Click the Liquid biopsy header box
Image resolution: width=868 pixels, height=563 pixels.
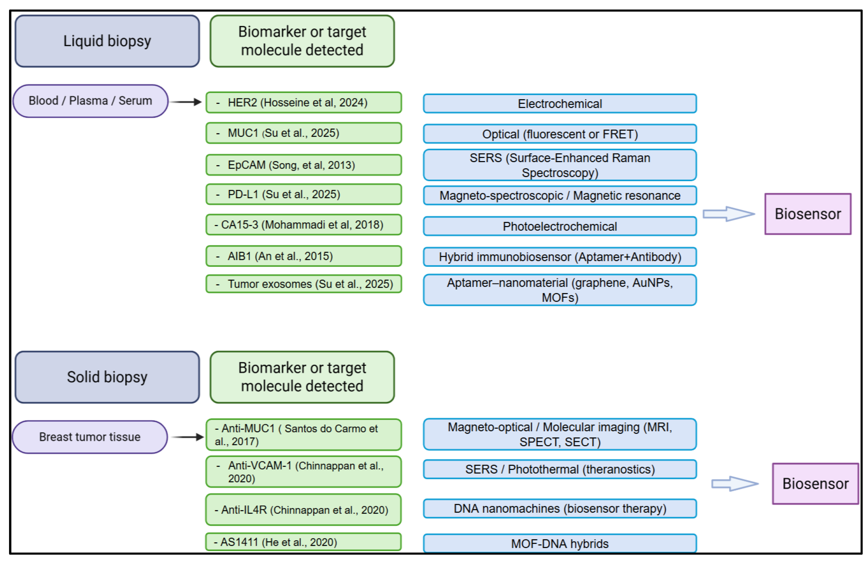coord(107,41)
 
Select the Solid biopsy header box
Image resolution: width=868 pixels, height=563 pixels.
coord(107,377)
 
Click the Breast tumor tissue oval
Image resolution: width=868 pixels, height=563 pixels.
coord(90,437)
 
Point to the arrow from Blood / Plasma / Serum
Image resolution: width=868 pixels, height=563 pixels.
coord(186,102)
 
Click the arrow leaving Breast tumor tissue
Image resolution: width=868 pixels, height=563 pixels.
coord(188,437)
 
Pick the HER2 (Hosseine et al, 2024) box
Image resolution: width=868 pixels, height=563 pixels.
coord(303,103)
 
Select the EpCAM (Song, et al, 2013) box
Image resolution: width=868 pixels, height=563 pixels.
coord(303,165)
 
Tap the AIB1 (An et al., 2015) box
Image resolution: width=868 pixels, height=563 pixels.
coord(303,256)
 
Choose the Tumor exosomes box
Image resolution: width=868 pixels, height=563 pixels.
coord(303,284)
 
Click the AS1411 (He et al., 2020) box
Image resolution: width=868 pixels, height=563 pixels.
coord(303,542)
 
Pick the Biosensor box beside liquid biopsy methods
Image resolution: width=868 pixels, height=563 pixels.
coord(807,214)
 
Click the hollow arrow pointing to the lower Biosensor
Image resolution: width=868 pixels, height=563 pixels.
coord(734,484)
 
